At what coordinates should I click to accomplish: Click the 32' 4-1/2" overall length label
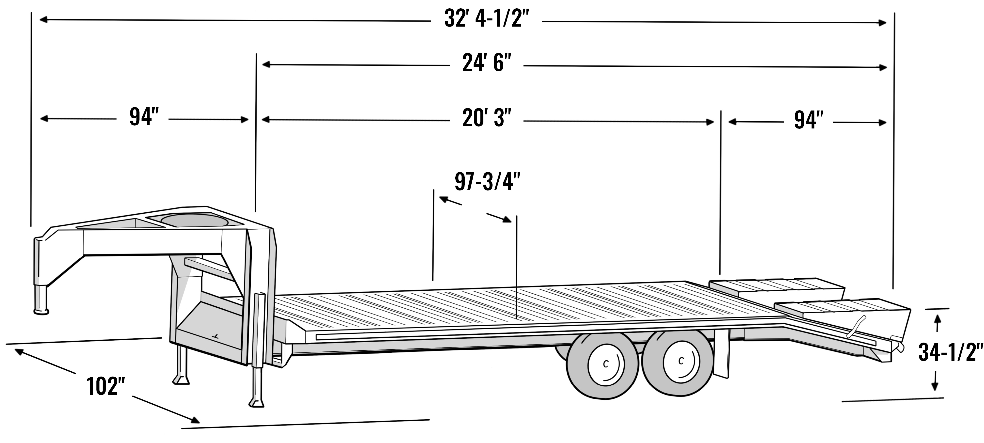(x=486, y=18)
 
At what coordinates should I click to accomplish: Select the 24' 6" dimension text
(x=486, y=63)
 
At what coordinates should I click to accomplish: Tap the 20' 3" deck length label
(x=486, y=118)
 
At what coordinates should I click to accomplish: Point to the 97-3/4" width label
(x=487, y=182)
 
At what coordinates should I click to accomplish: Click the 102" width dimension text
(x=106, y=386)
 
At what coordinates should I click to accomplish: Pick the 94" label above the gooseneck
(x=144, y=117)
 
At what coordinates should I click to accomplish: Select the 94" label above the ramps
(x=808, y=120)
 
